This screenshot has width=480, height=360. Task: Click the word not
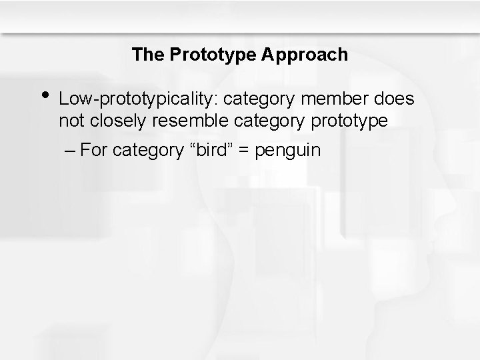tap(69, 121)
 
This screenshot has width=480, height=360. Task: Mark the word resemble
tap(183, 121)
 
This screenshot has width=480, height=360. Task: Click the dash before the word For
tap(71, 150)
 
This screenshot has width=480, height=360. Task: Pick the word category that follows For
tap(146, 150)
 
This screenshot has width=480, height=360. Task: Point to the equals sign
tap(244, 150)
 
